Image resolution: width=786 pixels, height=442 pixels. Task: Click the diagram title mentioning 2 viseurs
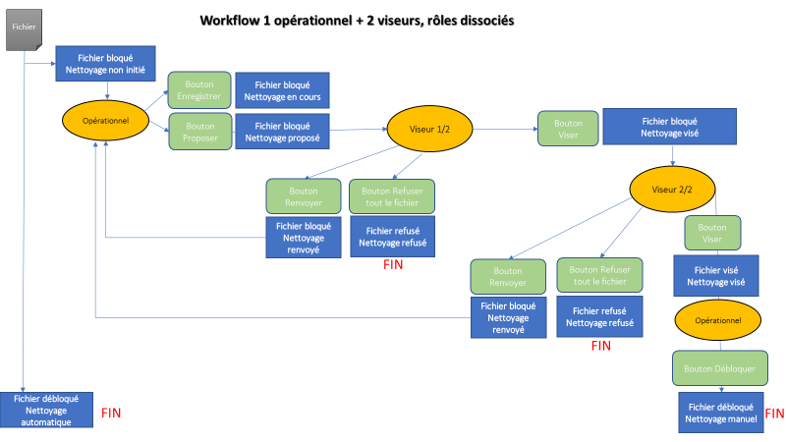click(x=355, y=20)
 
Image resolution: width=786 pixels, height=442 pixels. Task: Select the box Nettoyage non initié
click(x=106, y=64)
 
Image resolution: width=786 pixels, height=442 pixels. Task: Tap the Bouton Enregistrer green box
click(x=199, y=90)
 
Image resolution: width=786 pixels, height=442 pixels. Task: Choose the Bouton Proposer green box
click(x=199, y=132)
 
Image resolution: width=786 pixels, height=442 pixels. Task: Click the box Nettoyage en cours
click(x=281, y=90)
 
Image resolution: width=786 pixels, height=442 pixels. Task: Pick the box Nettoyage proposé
click(x=281, y=132)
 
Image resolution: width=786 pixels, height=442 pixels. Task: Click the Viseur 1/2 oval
click(x=422, y=129)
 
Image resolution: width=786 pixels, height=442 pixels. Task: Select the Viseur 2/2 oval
click(x=671, y=189)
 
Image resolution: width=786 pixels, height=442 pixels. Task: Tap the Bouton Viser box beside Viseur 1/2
click(x=568, y=129)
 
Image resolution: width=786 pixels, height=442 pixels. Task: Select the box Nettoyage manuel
click(x=721, y=413)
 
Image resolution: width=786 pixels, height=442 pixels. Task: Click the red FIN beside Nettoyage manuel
click(x=775, y=413)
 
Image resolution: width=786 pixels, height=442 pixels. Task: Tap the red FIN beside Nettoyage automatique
click(x=111, y=413)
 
